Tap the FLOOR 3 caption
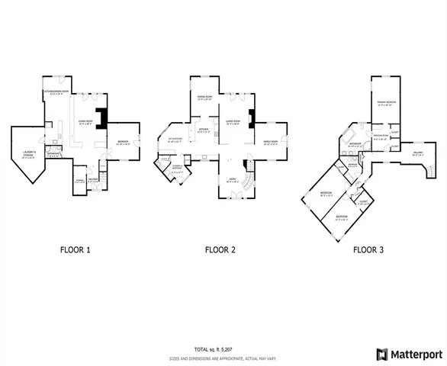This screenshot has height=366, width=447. pos(369,249)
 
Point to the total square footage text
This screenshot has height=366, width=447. pos(223,347)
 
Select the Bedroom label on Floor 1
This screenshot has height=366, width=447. pos(123,143)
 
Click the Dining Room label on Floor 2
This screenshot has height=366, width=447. pos(204,98)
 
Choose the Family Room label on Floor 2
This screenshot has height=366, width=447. pos(271,142)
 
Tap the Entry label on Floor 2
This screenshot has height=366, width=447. pos(232,180)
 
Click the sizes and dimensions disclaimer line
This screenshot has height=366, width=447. pos(223,358)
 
